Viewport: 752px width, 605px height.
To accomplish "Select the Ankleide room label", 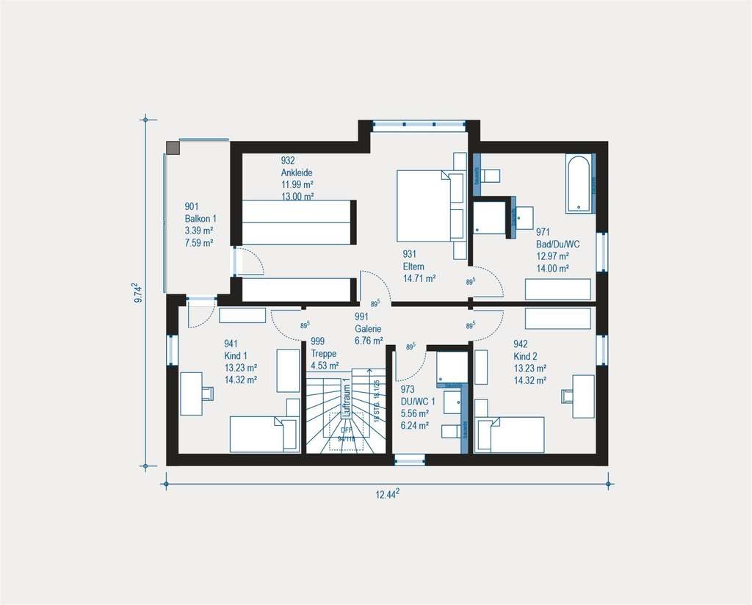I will pyautogui.click(x=297, y=173).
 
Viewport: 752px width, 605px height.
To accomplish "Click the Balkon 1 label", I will pyautogui.click(x=200, y=219).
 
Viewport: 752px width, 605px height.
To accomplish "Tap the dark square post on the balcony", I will pyautogui.click(x=173, y=148).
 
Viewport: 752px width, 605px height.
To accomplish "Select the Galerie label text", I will pyautogui.click(x=368, y=330).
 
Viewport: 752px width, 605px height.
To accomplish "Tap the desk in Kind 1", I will pyautogui.click(x=192, y=394).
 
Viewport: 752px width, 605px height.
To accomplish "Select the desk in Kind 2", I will pyautogui.click(x=584, y=396).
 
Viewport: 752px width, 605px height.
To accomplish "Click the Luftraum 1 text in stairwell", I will pyautogui.click(x=346, y=401).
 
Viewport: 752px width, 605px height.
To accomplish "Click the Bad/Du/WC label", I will pyautogui.click(x=557, y=244).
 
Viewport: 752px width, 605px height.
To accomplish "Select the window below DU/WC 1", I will pyautogui.click(x=410, y=460).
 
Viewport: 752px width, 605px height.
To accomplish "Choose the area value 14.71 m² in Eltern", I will pyautogui.click(x=419, y=279).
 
